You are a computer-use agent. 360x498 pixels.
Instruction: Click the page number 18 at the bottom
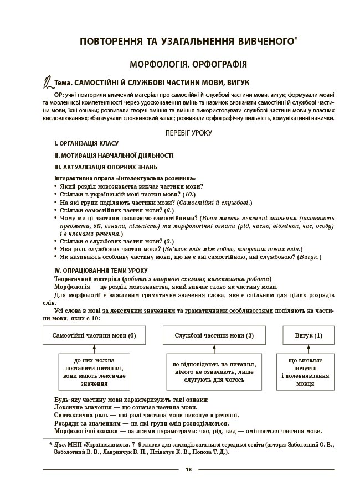(x=189, y=470)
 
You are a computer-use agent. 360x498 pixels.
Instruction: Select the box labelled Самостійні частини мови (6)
(x=92, y=336)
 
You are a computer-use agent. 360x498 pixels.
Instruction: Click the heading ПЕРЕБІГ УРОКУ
(x=189, y=133)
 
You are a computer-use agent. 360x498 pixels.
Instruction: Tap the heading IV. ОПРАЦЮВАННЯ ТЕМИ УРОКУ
(x=100, y=270)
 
